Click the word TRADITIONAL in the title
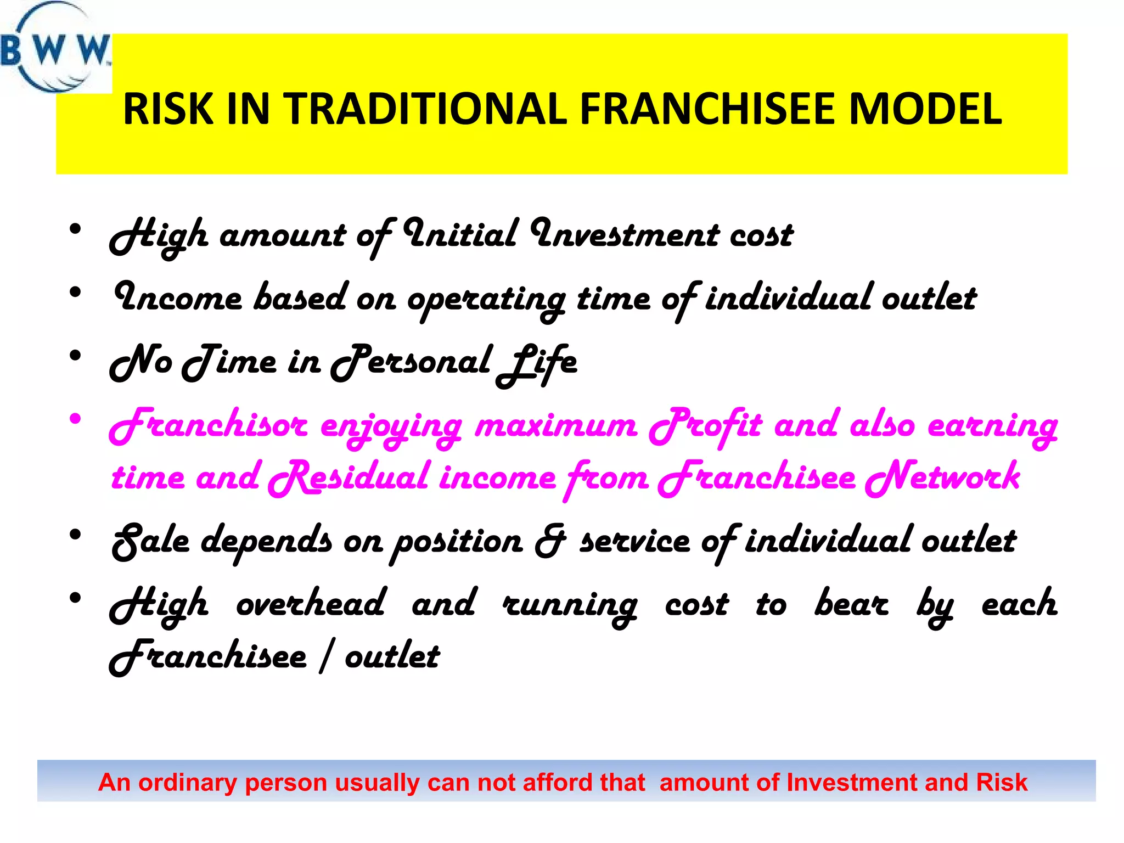click(425, 109)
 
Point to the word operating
click(486, 300)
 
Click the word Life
click(537, 363)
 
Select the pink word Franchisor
click(209, 426)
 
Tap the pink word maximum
click(555, 426)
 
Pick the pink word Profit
click(705, 426)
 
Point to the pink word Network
click(943, 476)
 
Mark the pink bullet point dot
click(76, 420)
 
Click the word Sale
click(150, 541)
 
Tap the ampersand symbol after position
click(550, 541)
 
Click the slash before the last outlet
click(326, 656)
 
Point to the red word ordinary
click(187, 783)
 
